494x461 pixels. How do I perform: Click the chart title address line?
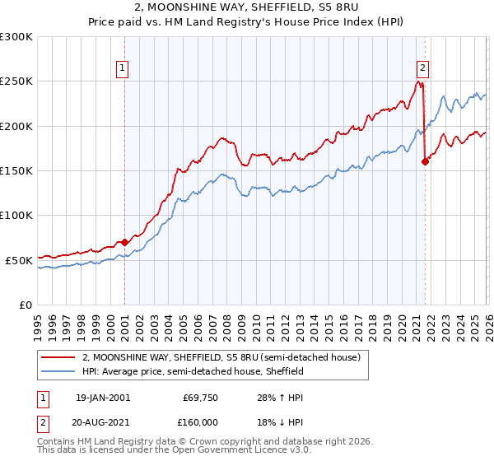[247, 7]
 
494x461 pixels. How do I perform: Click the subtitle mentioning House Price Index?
[247, 21]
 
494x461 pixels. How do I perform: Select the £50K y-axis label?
[19, 260]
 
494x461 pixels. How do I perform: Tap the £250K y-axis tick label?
[16, 81]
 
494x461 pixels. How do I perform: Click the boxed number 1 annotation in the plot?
[122, 68]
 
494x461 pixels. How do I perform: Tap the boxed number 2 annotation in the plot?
[422, 68]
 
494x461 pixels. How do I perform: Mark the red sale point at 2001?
[124, 242]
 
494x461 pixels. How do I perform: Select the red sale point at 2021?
[425, 161]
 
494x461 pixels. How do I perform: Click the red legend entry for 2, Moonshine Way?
[221, 358]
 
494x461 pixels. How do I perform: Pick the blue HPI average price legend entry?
[193, 372]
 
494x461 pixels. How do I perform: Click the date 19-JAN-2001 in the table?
[102, 398]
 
